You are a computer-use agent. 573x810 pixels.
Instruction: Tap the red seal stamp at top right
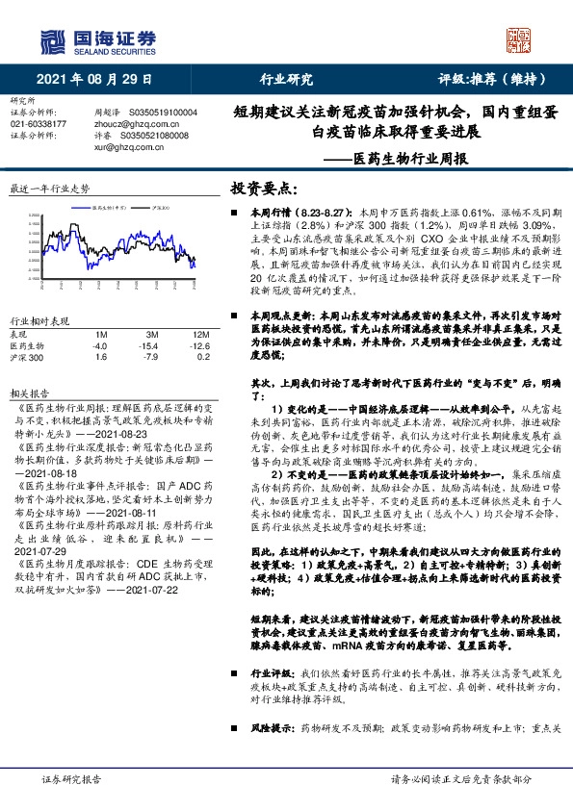(x=520, y=38)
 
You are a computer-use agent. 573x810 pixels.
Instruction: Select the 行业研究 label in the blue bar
(x=286, y=80)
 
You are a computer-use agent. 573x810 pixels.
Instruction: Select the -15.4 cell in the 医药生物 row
(x=148, y=344)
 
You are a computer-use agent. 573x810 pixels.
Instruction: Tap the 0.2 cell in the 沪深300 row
(x=202, y=357)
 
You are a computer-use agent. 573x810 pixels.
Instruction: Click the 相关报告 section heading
(x=29, y=394)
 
